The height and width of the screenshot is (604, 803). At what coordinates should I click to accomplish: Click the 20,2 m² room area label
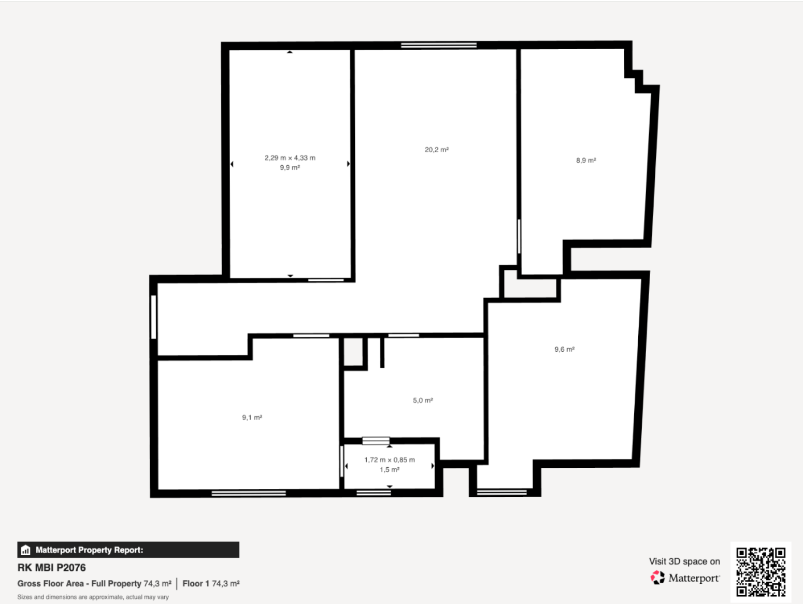436,150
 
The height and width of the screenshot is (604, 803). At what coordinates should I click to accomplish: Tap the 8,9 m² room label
586,160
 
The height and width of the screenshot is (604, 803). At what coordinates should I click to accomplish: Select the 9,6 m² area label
565,349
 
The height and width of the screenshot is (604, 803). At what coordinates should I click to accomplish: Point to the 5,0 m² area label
423,400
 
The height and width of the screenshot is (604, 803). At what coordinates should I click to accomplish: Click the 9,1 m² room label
252,418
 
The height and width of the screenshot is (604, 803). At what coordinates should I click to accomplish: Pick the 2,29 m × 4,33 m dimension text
290,158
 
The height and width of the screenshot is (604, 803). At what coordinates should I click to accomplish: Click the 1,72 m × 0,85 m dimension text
390,460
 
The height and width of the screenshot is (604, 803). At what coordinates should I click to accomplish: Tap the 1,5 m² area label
390,469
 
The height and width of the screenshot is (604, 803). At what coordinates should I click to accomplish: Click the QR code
761,572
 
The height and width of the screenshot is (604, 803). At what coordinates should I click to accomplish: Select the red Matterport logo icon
657,578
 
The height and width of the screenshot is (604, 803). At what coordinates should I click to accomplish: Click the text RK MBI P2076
52,568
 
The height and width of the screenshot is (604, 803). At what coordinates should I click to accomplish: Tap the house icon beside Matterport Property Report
25,550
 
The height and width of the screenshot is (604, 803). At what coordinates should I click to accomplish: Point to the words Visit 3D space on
684,562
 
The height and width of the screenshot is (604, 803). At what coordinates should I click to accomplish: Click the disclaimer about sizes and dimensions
93,597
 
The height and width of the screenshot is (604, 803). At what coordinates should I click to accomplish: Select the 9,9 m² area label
290,167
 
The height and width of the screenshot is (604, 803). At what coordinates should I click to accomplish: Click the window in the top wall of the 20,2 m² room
439,46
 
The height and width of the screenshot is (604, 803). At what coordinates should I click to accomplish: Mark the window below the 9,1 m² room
249,494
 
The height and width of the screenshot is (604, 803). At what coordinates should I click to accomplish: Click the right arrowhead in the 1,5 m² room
433,466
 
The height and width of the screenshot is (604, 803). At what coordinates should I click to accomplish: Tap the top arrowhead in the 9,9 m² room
290,52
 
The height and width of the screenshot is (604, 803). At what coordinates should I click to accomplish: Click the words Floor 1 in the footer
196,583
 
